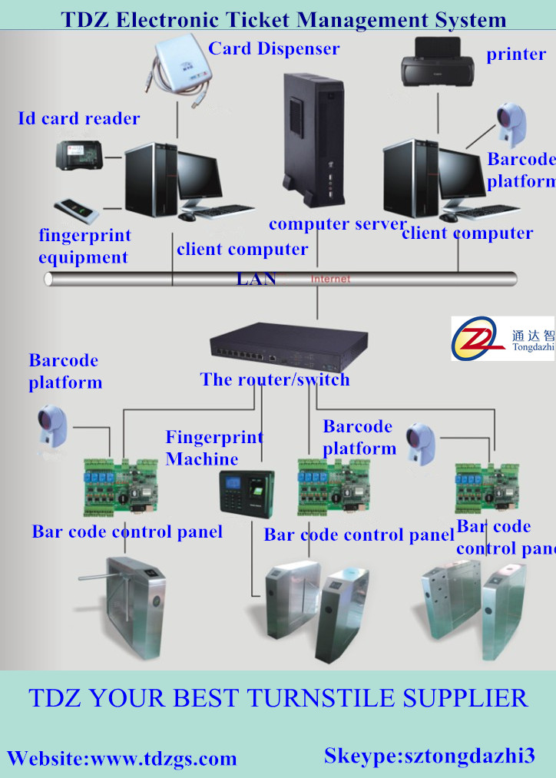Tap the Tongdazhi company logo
click(501, 339)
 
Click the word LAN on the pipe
click(256, 278)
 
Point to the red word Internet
click(330, 279)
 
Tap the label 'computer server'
click(337, 224)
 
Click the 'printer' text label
click(516, 55)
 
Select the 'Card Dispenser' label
click(273, 49)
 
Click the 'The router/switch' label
click(274, 379)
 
